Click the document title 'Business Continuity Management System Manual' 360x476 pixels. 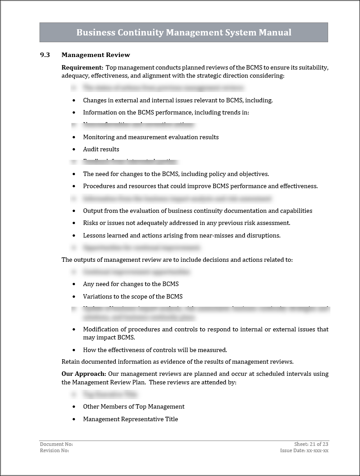184,32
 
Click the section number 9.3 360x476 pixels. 45,55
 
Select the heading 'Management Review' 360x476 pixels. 96,55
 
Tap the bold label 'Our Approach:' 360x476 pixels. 84,374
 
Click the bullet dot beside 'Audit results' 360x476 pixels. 74,150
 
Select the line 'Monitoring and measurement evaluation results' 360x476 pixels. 151,137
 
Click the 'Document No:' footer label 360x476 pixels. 56,444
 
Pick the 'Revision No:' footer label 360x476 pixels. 54,450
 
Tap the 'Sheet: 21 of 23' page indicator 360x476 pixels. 312,444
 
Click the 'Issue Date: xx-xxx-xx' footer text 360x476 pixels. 304,450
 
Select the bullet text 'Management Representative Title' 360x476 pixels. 130,419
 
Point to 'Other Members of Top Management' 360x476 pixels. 134,406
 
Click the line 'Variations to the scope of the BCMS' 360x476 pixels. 132,296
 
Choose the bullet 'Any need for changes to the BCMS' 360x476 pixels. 131,284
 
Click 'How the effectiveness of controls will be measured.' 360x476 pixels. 155,350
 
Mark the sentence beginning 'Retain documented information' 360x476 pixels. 177,361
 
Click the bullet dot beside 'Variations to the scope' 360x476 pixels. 74,297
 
